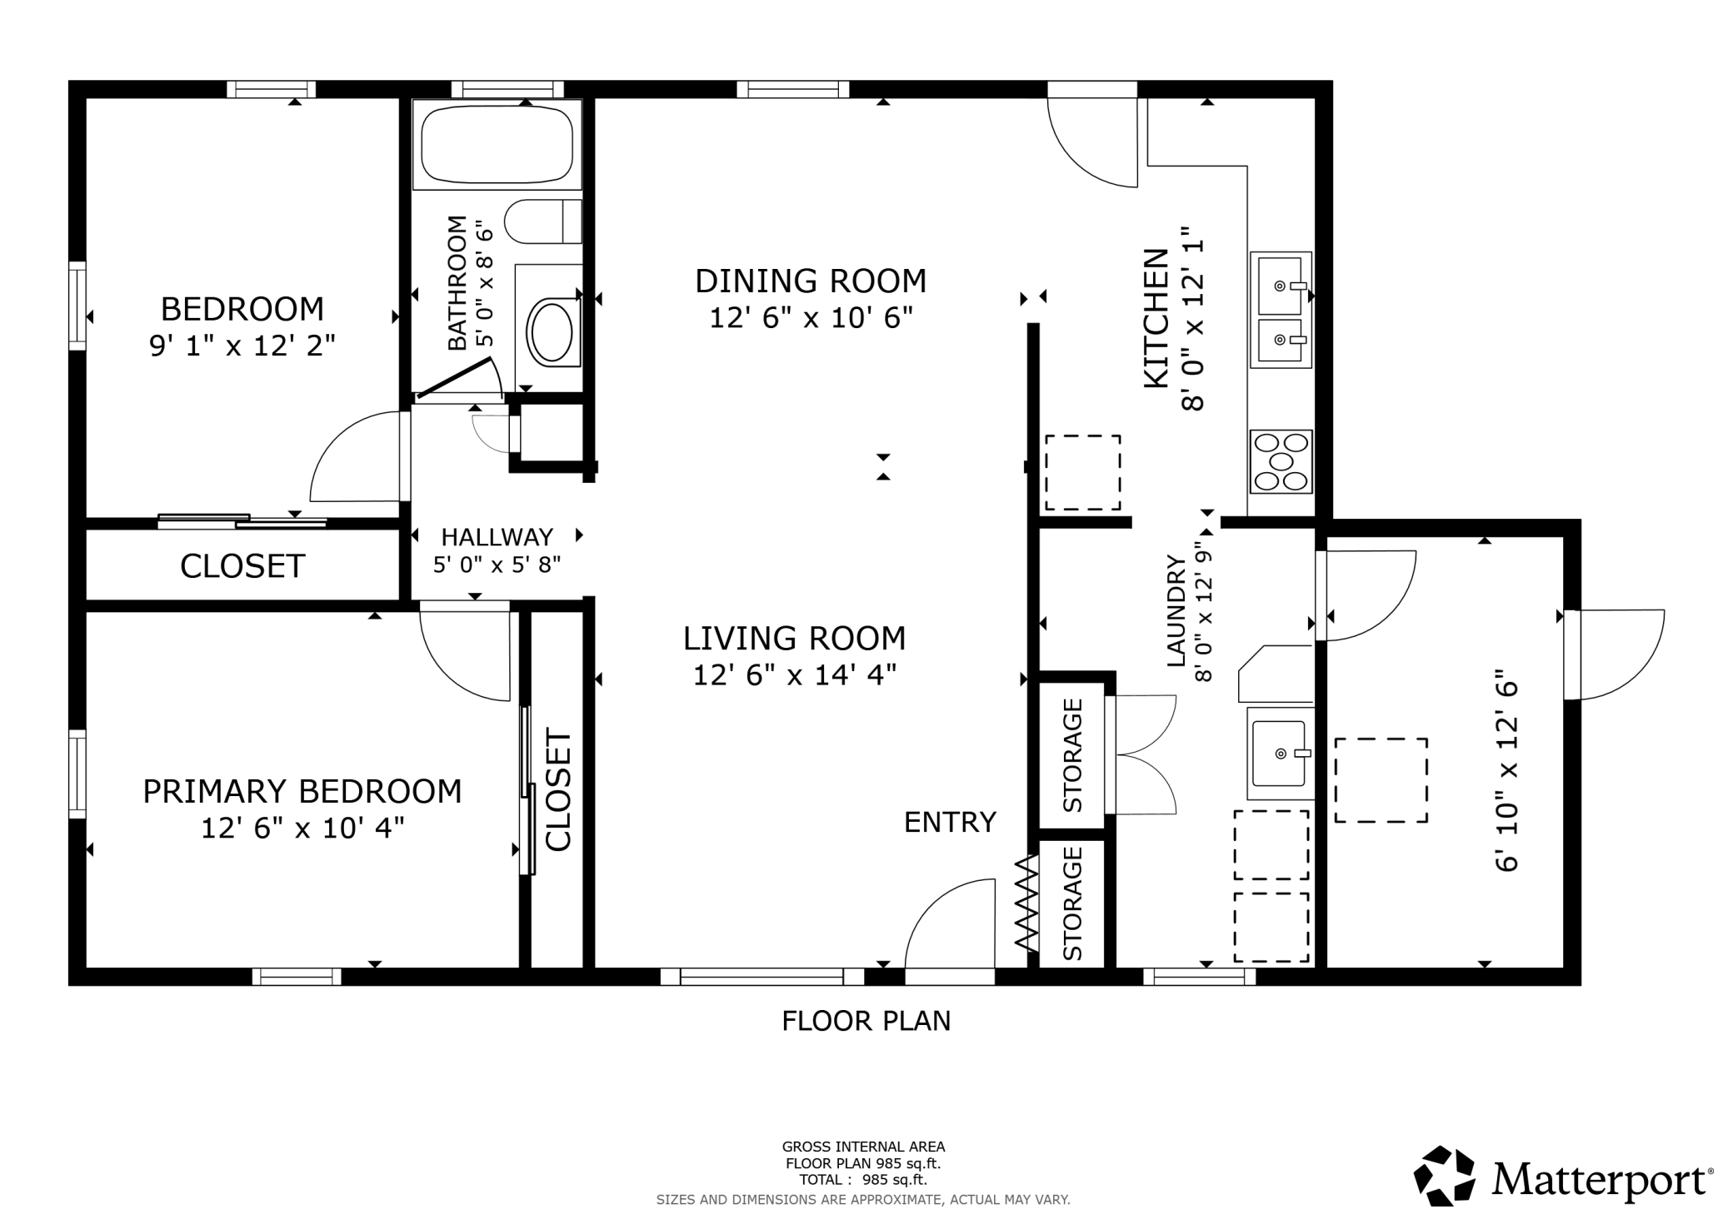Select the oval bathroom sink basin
pos(551,331)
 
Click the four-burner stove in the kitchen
pos(1281,461)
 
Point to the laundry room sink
pos(1279,754)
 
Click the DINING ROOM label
pos(811,281)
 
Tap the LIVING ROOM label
pos(795,639)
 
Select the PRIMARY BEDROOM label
pos(302,791)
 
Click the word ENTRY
pos(950,823)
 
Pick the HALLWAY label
pos(497,537)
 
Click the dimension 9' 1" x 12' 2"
pos(242,346)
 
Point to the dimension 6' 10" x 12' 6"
pos(1507,771)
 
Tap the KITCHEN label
pos(1156,318)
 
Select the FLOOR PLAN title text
pos(866,1021)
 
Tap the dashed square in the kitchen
pos(1082,472)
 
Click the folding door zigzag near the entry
pos(1026,903)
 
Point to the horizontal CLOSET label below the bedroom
pos(242,566)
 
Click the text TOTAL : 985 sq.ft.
pos(863,1180)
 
